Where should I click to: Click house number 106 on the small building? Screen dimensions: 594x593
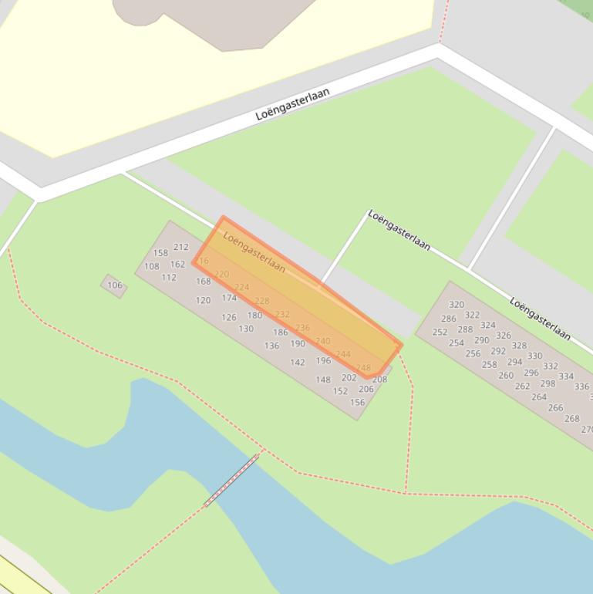click(x=114, y=285)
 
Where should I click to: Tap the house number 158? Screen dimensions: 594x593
click(x=160, y=253)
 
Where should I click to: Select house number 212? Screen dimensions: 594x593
click(x=180, y=248)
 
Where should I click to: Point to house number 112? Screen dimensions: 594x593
click(x=169, y=278)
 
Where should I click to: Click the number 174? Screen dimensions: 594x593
click(x=229, y=298)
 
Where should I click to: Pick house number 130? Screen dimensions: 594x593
click(x=246, y=329)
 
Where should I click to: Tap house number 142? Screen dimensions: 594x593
click(x=297, y=363)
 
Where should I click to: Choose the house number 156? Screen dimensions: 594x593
click(x=357, y=403)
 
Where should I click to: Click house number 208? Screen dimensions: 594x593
click(x=379, y=380)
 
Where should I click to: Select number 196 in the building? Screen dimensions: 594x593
click(x=323, y=360)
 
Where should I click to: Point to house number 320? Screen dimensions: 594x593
click(x=457, y=305)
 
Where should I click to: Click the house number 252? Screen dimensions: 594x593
click(x=440, y=332)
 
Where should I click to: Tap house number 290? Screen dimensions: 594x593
click(x=482, y=340)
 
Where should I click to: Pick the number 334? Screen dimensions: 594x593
click(x=566, y=376)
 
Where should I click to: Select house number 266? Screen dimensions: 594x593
click(x=555, y=408)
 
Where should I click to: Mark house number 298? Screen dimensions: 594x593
click(x=548, y=383)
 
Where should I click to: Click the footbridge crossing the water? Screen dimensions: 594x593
click(x=231, y=480)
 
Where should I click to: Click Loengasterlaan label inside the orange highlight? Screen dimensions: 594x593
click(x=254, y=252)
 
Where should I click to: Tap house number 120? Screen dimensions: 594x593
click(x=203, y=301)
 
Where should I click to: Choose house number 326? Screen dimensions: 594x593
click(x=504, y=336)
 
